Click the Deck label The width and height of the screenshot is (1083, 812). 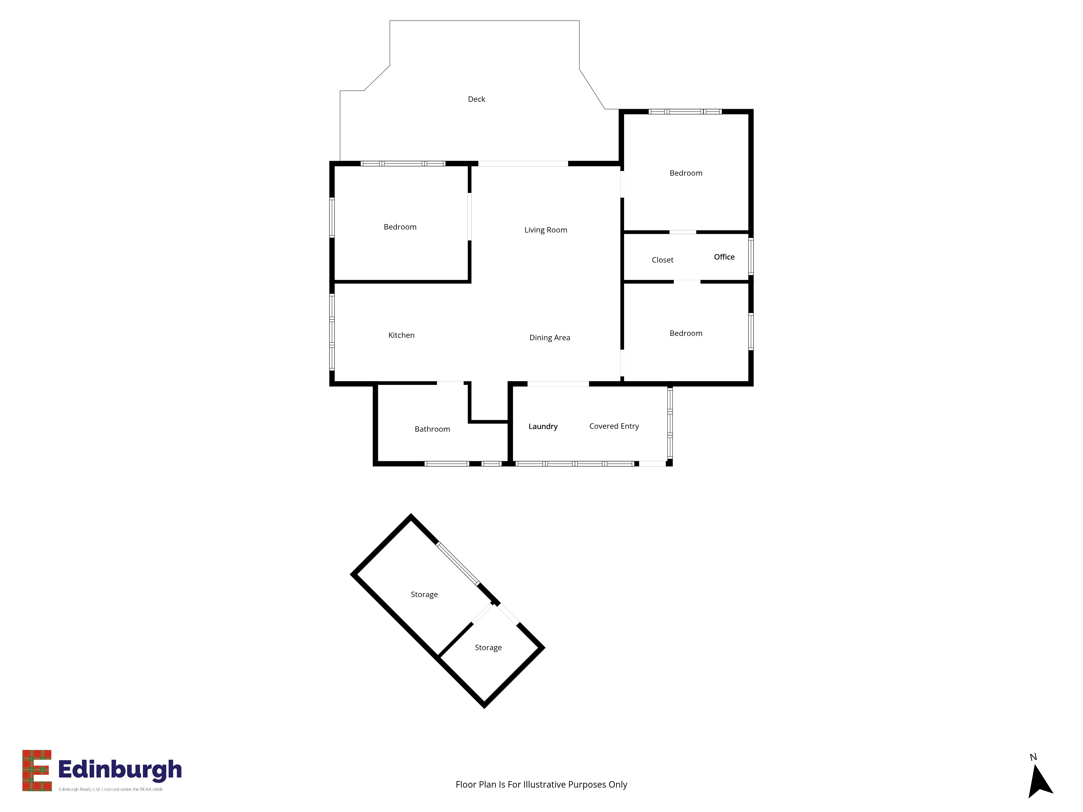[476, 99]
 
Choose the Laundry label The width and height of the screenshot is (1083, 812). [543, 426]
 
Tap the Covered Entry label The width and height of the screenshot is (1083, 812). [614, 426]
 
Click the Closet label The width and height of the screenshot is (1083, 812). [663, 260]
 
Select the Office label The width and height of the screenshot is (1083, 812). [724, 257]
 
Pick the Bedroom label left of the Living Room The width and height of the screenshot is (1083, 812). [400, 227]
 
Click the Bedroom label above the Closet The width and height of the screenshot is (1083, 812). [686, 173]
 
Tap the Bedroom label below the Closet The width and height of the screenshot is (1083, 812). [686, 333]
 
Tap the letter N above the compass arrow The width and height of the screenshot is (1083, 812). [1033, 757]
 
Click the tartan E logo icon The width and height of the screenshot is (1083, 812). [37, 770]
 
